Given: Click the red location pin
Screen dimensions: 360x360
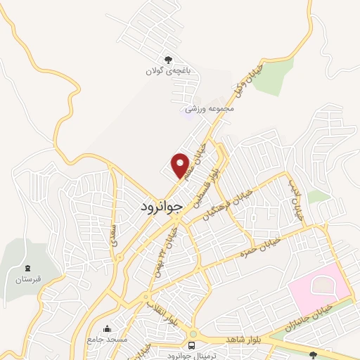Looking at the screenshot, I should [181, 165].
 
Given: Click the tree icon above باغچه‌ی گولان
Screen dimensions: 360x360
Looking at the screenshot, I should [167, 60].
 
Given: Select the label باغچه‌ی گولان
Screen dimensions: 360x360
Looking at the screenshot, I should [164, 72].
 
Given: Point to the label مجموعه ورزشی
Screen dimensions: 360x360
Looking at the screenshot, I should [209, 109].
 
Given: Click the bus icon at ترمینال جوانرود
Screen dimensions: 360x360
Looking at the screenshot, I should [191, 345].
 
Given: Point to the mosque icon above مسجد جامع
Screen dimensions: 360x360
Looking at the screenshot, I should [107, 328].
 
